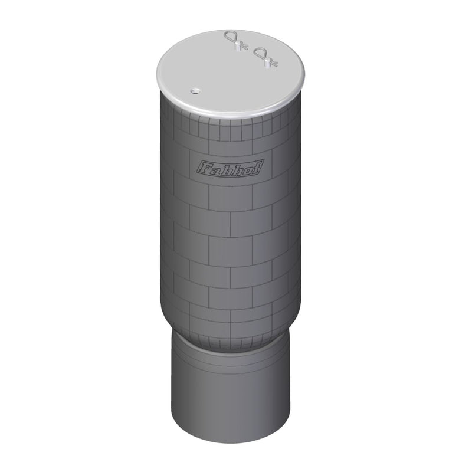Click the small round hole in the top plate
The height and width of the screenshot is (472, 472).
coord(194,91)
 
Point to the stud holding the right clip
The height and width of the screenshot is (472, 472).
coord(271,61)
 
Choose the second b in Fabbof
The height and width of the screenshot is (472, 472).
coord(236,167)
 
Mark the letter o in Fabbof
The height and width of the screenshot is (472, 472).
coord(247,166)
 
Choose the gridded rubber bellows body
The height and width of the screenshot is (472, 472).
coord(230,236)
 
